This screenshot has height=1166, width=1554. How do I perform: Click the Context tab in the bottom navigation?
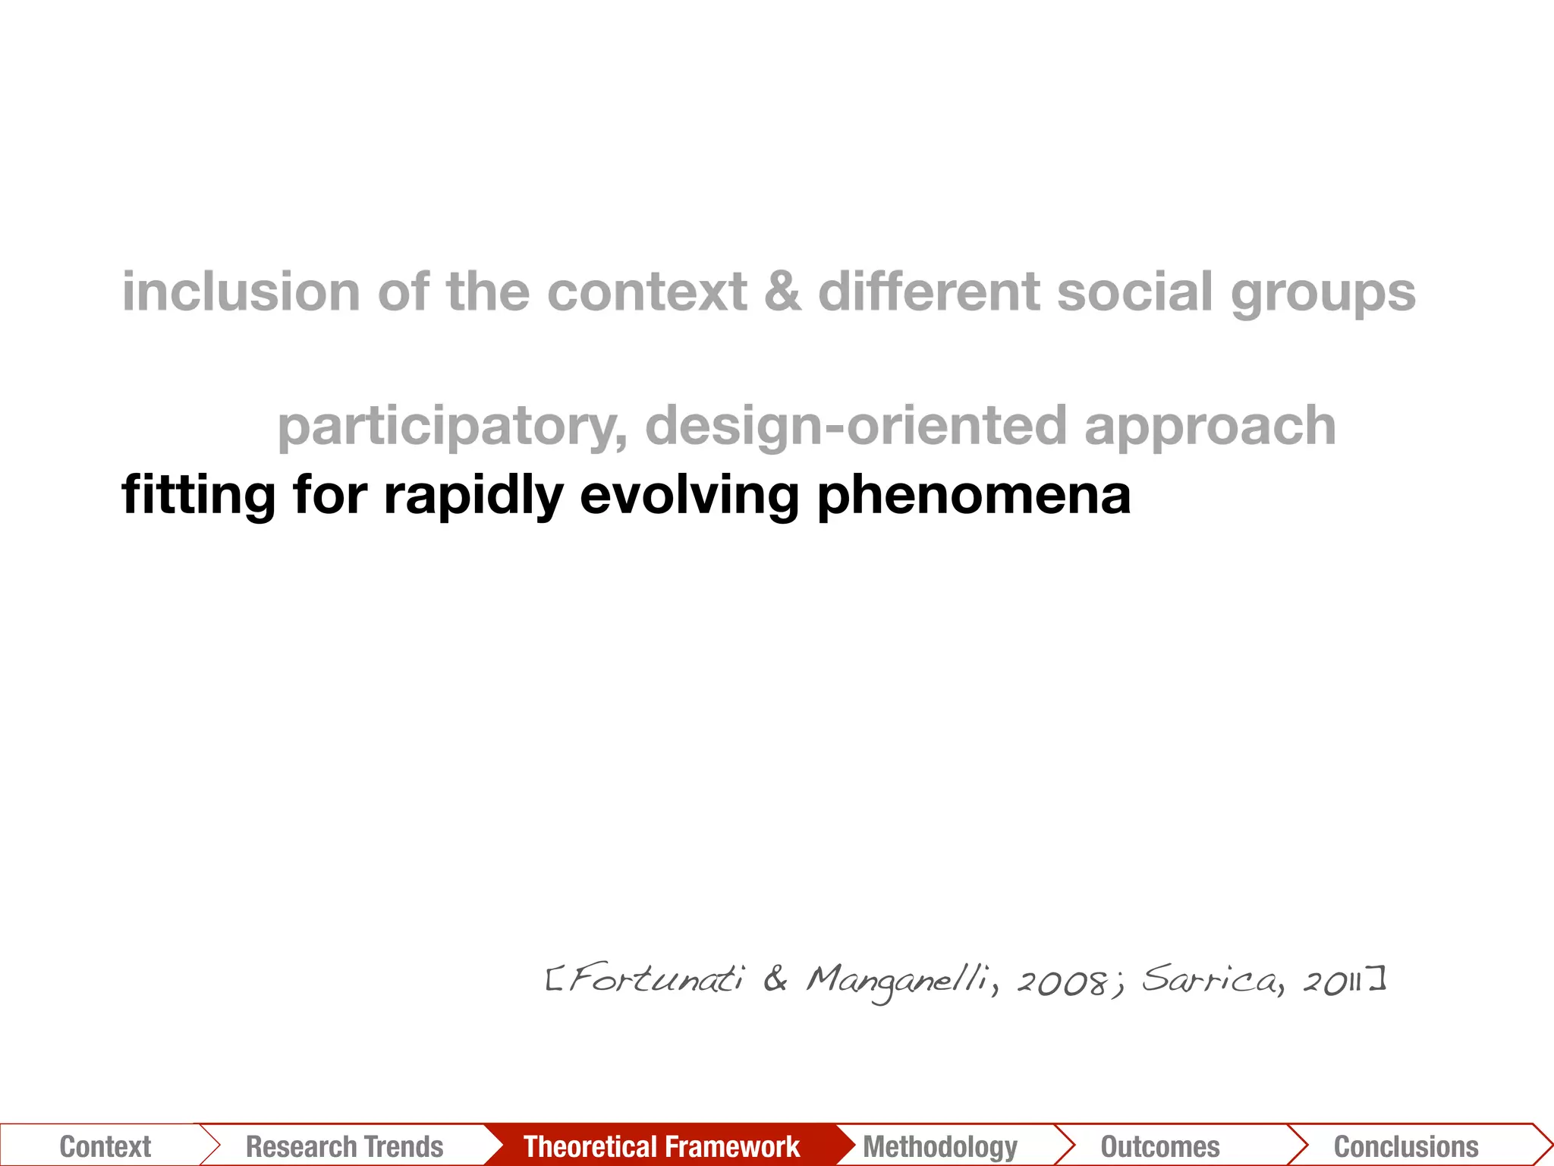(x=105, y=1146)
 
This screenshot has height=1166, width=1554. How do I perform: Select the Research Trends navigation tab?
(x=344, y=1146)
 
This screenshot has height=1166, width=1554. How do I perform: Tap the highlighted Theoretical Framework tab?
(x=662, y=1146)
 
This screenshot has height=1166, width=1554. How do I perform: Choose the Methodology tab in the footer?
(x=940, y=1146)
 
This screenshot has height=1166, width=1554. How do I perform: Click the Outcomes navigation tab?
(x=1160, y=1146)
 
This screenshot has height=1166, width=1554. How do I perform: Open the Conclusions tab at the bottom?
(x=1406, y=1146)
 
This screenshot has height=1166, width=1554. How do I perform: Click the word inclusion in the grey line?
(x=241, y=292)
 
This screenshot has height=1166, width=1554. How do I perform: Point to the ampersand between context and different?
(x=782, y=292)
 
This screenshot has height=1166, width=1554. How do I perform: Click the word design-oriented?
(x=856, y=427)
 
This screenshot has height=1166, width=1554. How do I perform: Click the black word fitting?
(x=199, y=496)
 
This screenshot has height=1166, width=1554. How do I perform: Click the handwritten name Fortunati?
(x=656, y=979)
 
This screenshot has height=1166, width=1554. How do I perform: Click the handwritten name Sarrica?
(x=1210, y=979)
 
